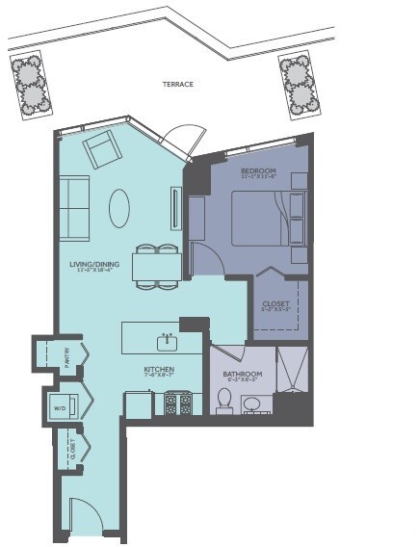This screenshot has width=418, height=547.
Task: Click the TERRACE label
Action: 178,85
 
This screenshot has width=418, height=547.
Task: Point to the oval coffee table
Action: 119,207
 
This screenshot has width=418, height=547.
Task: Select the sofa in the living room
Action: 75,207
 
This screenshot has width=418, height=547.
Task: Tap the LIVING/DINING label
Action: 93,266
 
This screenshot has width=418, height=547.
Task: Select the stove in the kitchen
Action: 177,403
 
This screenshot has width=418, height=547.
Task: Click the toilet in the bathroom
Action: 224,400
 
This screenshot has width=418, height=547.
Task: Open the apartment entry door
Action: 85,518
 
